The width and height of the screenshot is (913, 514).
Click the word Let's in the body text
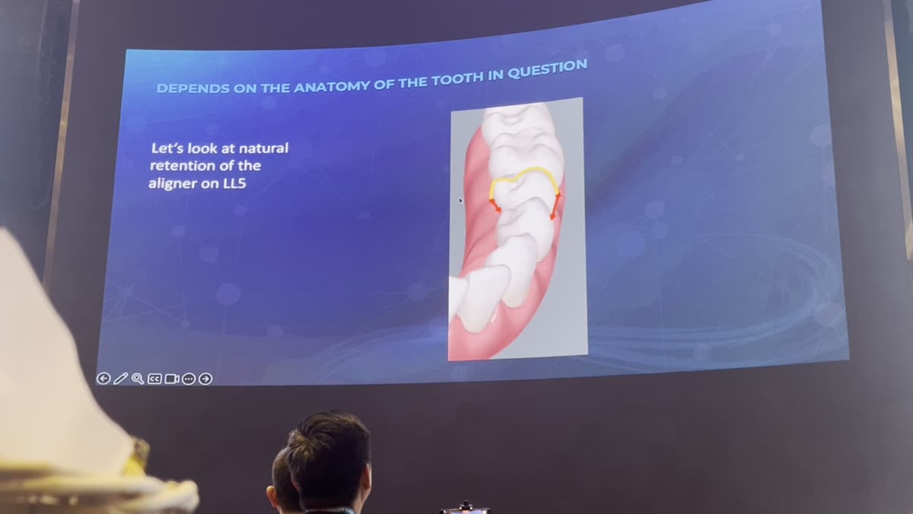click(x=166, y=148)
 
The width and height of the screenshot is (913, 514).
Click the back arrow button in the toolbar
click(x=103, y=378)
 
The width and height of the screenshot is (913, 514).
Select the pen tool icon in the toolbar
click(x=120, y=378)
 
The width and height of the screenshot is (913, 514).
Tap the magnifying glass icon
click(x=138, y=378)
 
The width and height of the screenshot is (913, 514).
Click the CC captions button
click(x=154, y=378)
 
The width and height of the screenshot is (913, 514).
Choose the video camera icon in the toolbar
click(x=172, y=378)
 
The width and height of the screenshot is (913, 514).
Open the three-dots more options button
click(x=189, y=378)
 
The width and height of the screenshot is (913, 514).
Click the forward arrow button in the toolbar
click(x=205, y=378)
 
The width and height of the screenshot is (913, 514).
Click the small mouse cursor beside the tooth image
click(x=460, y=200)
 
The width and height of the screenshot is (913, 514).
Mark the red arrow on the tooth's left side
click(x=495, y=205)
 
